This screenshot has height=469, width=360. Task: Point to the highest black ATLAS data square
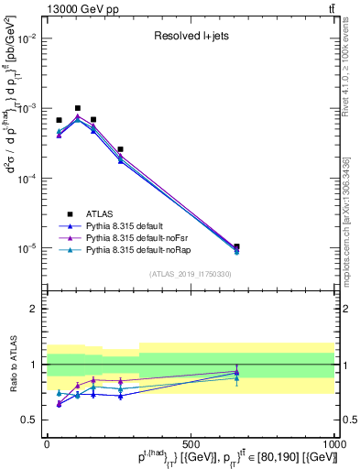click(78, 108)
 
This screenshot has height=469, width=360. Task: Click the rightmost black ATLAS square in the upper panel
click(237, 246)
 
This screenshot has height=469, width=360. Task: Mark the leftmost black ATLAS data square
click(59, 120)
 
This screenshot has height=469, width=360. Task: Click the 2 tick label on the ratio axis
click(34, 309)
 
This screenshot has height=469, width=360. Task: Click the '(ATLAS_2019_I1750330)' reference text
click(189, 273)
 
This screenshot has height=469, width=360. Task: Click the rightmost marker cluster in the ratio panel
click(237, 373)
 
